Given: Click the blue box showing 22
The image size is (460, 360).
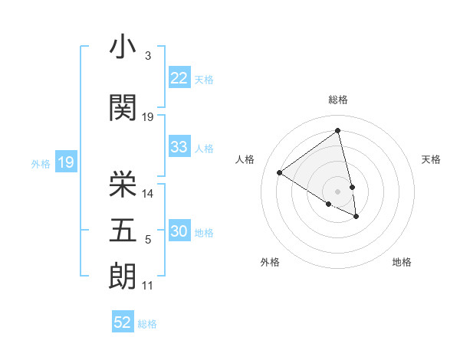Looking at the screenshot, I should click(179, 79).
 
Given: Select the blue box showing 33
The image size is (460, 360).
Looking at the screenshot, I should click(179, 148).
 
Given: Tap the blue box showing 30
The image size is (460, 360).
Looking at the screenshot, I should click(179, 232).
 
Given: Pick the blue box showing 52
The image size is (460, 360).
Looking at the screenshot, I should click(123, 322).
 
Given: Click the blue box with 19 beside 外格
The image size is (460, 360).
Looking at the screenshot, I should click(65, 162).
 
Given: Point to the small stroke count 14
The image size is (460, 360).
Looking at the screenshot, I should click(149, 193).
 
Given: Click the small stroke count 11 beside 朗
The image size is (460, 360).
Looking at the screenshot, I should click(148, 286).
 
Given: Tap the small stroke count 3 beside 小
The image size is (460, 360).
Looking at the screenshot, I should click(147, 56).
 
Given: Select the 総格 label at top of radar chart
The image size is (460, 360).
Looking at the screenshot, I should click(337, 100).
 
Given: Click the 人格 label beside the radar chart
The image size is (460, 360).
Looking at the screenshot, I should click(245, 159).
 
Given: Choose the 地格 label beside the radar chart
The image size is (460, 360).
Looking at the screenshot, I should click(402, 263).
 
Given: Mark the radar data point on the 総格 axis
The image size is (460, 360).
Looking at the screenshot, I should click(337, 130).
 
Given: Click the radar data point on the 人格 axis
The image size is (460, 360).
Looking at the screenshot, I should click(279, 173).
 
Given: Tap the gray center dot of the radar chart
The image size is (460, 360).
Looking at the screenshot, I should click(337, 191).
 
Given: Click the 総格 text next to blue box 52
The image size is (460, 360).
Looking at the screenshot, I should click(147, 324).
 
